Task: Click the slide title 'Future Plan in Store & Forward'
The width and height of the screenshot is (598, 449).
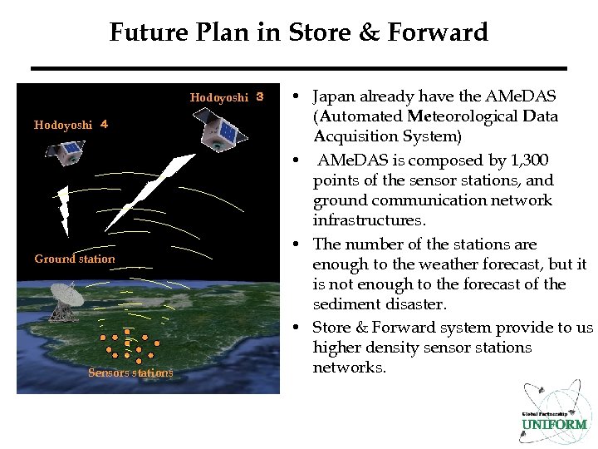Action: pyautogui.click(x=298, y=32)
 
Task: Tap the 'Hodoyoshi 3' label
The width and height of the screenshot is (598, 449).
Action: pyautogui.click(x=226, y=97)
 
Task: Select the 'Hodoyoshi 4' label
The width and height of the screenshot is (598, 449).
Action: pyautogui.click(x=71, y=125)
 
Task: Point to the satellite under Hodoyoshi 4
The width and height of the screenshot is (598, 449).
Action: pyautogui.click(x=65, y=151)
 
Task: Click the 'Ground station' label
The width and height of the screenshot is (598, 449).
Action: pyautogui.click(x=75, y=259)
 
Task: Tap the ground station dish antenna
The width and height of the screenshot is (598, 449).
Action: pyautogui.click(x=66, y=300)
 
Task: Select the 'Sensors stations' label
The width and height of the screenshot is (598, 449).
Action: pyautogui.click(x=130, y=373)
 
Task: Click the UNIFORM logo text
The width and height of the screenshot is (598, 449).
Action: pyautogui.click(x=553, y=424)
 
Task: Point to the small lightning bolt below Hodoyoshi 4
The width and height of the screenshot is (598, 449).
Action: pyautogui.click(x=62, y=210)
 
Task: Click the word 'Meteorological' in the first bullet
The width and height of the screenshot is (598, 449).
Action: pyautogui.click(x=463, y=116)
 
